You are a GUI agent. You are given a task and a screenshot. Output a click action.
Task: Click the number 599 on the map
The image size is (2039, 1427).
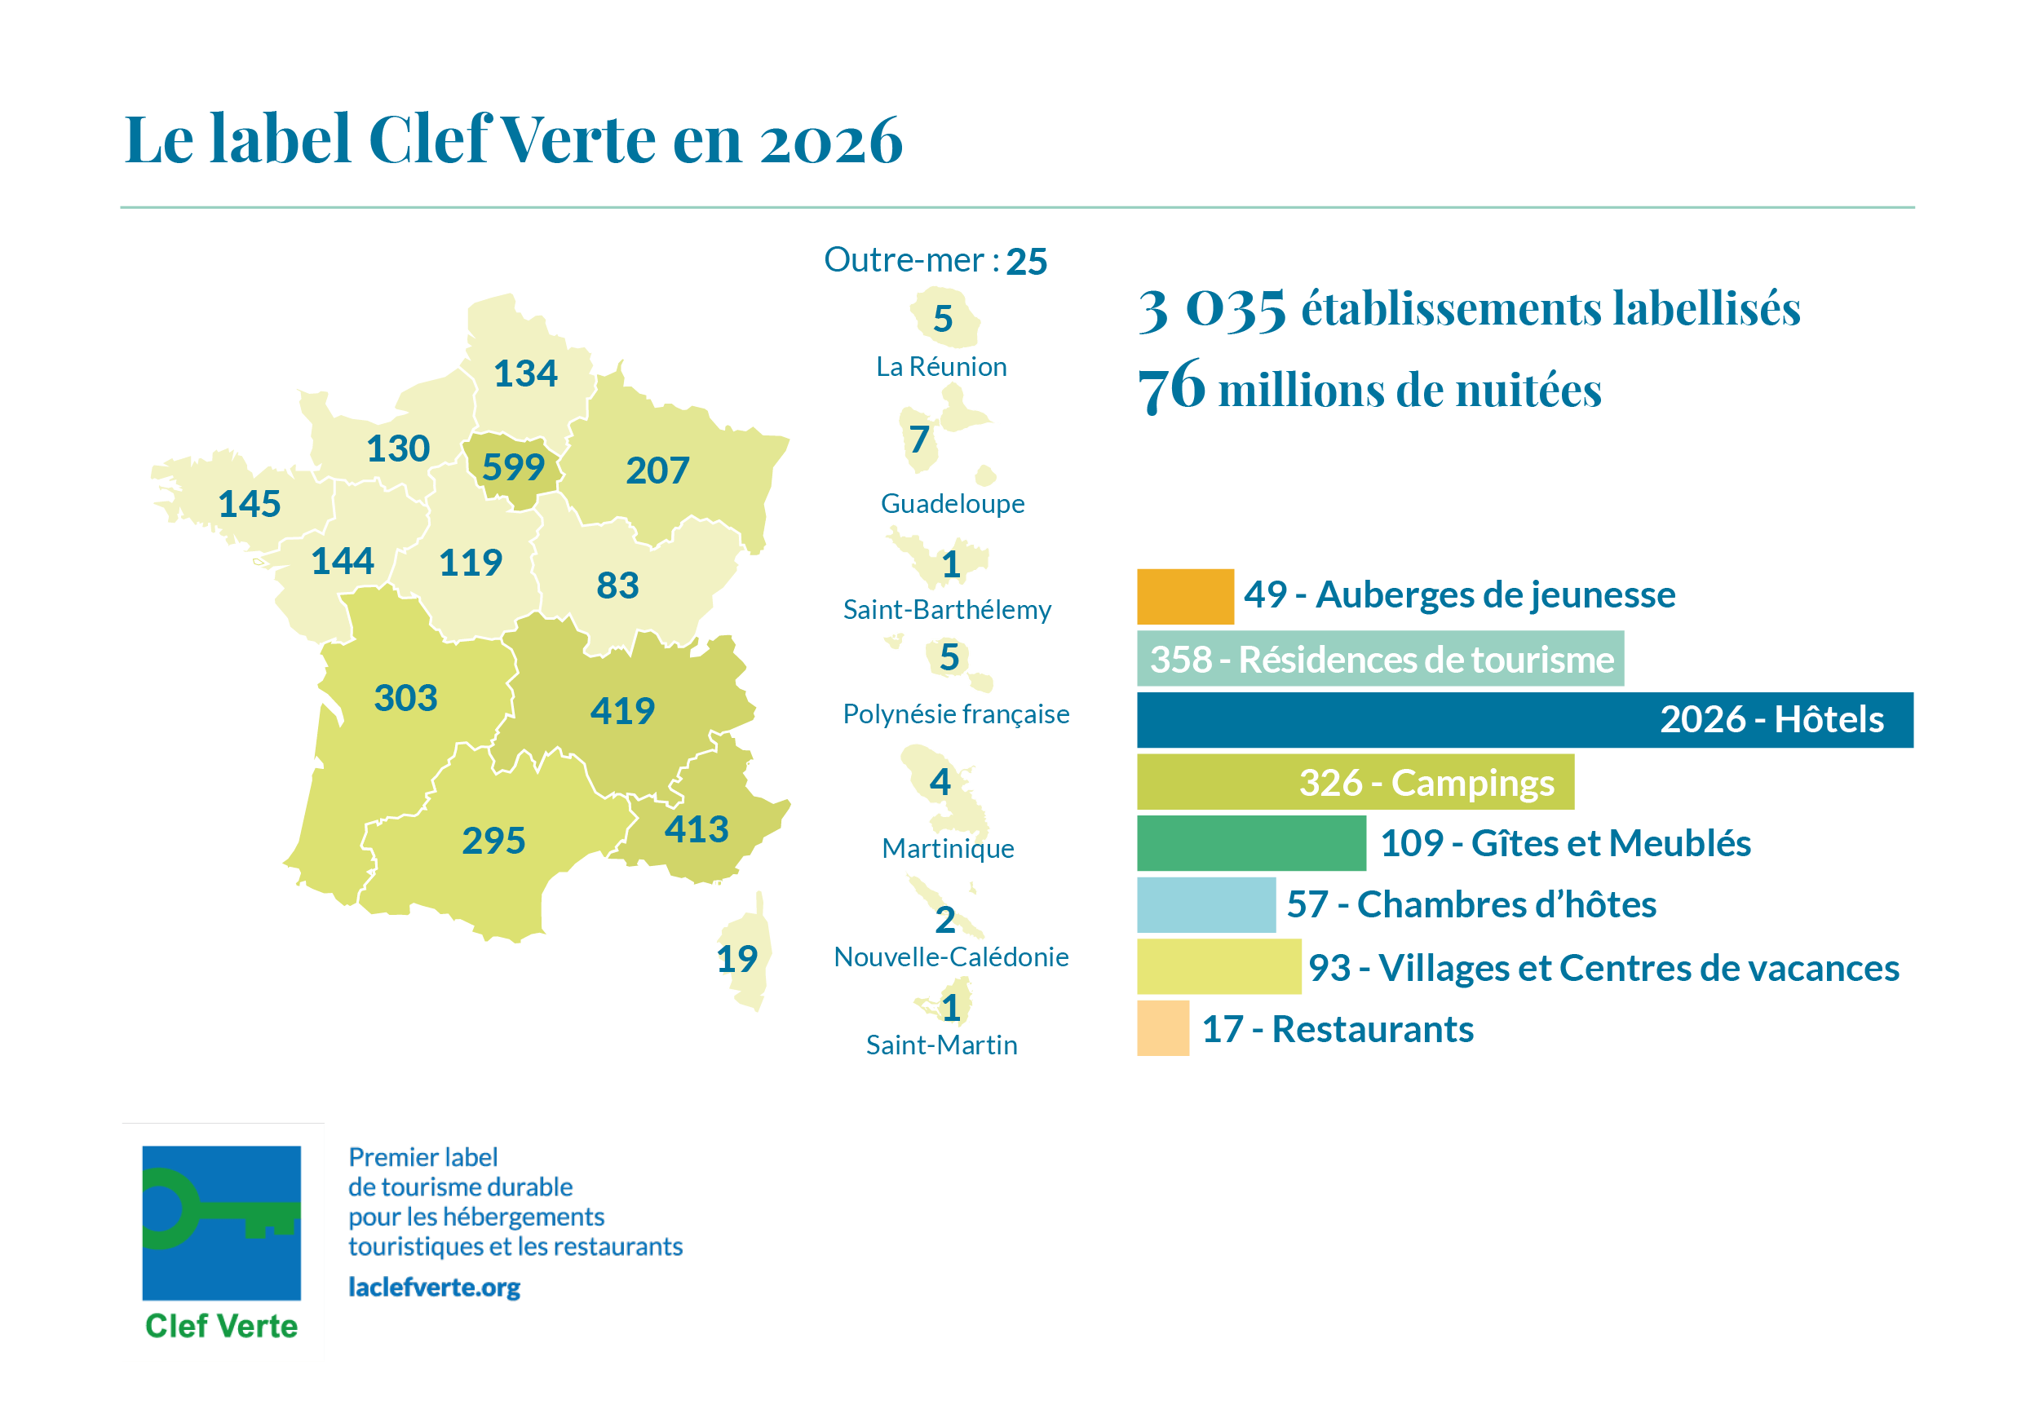pos(512,467)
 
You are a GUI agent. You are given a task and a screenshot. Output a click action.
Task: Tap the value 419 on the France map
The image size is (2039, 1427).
pos(622,710)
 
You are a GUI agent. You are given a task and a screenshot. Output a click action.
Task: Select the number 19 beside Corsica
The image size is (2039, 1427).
pos(736,958)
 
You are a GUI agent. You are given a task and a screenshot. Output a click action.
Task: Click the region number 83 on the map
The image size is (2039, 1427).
pos(617,585)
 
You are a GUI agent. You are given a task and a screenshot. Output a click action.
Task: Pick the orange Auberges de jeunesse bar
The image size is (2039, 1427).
pos(1185,596)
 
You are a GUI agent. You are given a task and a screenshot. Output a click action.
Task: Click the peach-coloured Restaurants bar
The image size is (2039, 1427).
pos(1162,1027)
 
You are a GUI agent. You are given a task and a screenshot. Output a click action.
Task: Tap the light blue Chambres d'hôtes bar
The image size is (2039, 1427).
pos(1205,904)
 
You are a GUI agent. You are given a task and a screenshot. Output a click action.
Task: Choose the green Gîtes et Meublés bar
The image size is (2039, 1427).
pos(1250,842)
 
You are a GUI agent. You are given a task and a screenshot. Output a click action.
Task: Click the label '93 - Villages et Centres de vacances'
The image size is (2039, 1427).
pos(1603,967)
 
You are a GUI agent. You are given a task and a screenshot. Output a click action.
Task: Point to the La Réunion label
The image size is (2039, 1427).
pos(941,366)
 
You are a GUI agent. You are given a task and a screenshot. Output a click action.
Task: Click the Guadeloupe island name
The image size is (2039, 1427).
pos(952,503)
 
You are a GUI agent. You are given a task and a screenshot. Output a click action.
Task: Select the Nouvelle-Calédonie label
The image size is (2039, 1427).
pos(950,956)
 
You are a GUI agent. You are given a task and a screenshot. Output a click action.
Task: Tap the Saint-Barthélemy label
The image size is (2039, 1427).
pos(947,609)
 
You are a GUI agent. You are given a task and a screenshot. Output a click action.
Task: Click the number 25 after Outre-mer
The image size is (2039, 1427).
pos(1026,261)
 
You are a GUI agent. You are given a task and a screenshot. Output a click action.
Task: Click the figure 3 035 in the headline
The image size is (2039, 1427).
pos(1211,310)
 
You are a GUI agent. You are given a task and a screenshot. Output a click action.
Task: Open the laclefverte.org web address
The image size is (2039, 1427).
pos(433,1287)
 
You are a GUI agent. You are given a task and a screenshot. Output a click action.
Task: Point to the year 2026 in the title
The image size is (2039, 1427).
pos(830,140)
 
